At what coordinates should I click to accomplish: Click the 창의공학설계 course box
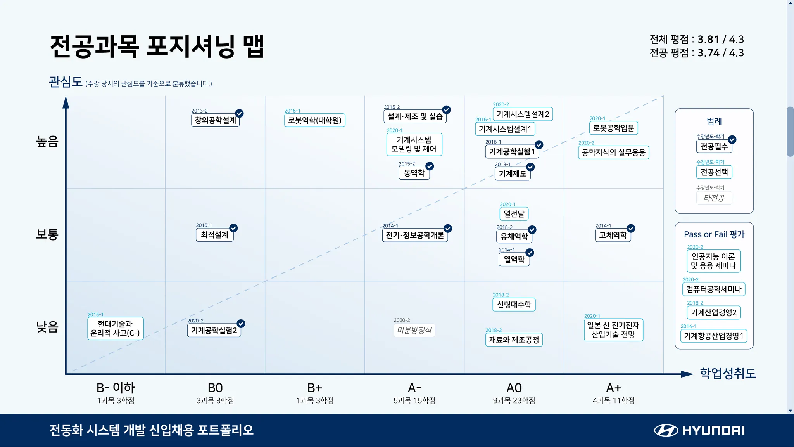(x=215, y=120)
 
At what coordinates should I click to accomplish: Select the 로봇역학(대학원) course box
(x=314, y=120)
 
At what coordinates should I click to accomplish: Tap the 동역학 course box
(x=414, y=173)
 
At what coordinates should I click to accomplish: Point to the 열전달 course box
(x=514, y=214)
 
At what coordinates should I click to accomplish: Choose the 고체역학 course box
(x=613, y=235)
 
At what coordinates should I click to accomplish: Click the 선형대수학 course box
(x=514, y=305)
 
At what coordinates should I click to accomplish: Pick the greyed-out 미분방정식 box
(x=414, y=331)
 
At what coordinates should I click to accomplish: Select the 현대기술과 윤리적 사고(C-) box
(x=115, y=328)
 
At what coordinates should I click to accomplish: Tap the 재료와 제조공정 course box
(x=514, y=340)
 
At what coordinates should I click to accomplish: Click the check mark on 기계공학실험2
(x=241, y=324)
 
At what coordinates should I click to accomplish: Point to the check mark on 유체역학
(x=532, y=230)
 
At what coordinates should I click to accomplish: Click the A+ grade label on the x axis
(x=613, y=388)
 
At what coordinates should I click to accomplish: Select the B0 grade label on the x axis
(x=215, y=388)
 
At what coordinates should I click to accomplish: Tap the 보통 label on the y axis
(x=47, y=234)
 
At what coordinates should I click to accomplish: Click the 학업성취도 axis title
(x=728, y=373)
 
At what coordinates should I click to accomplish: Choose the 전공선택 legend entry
(x=714, y=172)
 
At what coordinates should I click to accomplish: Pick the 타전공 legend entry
(x=714, y=198)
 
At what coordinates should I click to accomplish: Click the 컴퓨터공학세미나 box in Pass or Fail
(x=713, y=289)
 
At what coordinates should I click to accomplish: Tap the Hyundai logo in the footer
(x=699, y=430)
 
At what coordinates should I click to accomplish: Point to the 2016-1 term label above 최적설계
(x=204, y=225)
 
